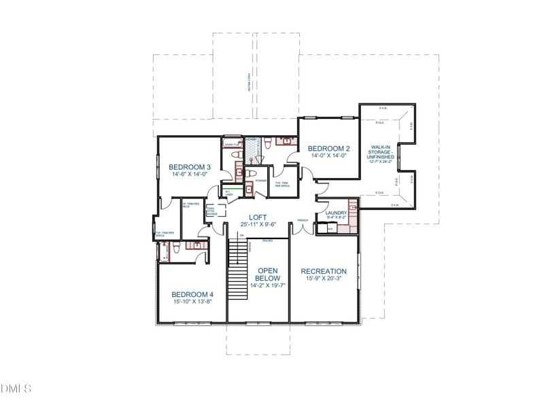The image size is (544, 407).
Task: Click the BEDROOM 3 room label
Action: click(190, 166)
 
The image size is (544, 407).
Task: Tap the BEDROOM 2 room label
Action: click(328, 148)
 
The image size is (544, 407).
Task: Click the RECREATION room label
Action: click(324, 271)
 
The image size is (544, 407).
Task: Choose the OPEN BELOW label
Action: click(267, 274)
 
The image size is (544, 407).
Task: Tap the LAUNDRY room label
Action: click(336, 213)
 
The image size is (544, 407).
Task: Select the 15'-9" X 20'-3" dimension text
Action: click(324, 279)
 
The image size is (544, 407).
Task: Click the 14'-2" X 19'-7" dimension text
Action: click(267, 286)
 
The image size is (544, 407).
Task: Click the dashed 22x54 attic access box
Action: click(211, 211)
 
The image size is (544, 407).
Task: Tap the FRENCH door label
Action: click(303, 221)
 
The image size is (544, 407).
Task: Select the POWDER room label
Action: click(261, 181)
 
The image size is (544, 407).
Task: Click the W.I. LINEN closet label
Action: click(228, 194)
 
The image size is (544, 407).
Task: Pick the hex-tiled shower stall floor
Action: click(252, 148)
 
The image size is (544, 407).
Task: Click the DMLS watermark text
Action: click(17, 389)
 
